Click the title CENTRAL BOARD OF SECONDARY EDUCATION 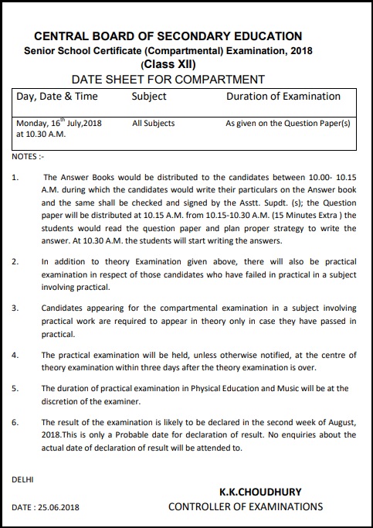pos(168,36)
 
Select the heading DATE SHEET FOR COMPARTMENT pos(168,79)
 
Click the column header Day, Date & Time pos(57,97)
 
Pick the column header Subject pos(149,97)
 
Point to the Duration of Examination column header pos(283,97)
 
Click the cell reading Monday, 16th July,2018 pos(59,123)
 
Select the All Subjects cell pos(153,123)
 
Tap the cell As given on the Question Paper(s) pos(287,123)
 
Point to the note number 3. pos(16,308)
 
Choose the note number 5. pos(16,388)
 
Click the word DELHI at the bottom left pos(22,480)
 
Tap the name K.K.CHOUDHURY pos(260,492)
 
